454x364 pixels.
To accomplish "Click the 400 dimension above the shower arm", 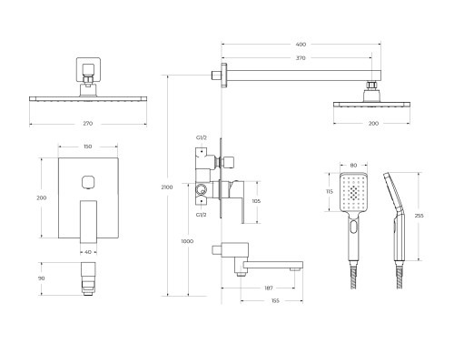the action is pos(301,45).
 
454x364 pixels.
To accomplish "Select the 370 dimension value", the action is pos(301,58).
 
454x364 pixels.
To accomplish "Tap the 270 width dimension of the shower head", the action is pos(88,124).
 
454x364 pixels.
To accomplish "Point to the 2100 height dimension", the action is pos(167,187).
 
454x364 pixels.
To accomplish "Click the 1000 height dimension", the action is pos(187,241).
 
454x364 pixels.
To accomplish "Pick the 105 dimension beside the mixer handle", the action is pos(256,201).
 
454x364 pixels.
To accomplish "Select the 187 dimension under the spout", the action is pos(269,288).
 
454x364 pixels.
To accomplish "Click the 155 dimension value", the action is pos(275,301).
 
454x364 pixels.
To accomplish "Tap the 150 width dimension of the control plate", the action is pos(87,147).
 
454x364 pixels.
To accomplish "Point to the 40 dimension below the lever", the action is pos(88,252).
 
